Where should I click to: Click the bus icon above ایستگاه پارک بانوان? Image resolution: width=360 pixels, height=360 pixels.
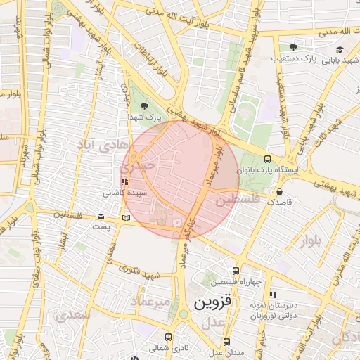click(x=267, y=159)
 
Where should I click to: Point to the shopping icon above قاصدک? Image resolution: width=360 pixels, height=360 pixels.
click(x=280, y=191)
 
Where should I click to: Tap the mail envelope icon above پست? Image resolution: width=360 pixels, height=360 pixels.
click(x=101, y=217)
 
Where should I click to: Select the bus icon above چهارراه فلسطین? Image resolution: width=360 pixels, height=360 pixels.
click(x=236, y=270)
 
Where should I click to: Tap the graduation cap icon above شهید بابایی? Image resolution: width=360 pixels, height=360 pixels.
click(x=340, y=49)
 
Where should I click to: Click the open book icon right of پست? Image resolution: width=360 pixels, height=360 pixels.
click(x=126, y=218)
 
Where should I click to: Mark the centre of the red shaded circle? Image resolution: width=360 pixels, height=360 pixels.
click(x=181, y=179)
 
